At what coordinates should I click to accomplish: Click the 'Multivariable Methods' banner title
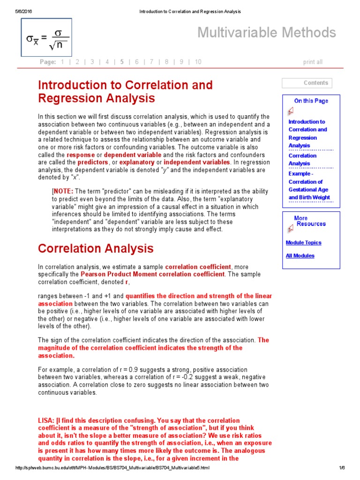pos(266,32)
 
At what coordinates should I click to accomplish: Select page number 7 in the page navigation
pos(152,62)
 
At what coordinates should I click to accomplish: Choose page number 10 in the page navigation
pos(198,62)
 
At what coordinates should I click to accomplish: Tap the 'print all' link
pos(313,62)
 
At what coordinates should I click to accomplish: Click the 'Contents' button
pos(307,83)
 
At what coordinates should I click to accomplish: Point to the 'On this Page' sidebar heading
pos(311,101)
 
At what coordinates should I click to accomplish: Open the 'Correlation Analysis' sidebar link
pos(302,159)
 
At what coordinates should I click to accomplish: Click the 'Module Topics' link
pos(303,243)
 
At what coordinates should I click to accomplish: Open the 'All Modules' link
pos(300,256)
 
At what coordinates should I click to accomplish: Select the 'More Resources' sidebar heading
pos(308,221)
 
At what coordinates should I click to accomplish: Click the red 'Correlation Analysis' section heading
pos(96,248)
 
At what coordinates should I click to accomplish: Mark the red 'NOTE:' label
pos(63,191)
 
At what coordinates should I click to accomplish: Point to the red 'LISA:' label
pos(46,420)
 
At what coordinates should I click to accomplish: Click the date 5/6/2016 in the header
pos(23,11)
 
